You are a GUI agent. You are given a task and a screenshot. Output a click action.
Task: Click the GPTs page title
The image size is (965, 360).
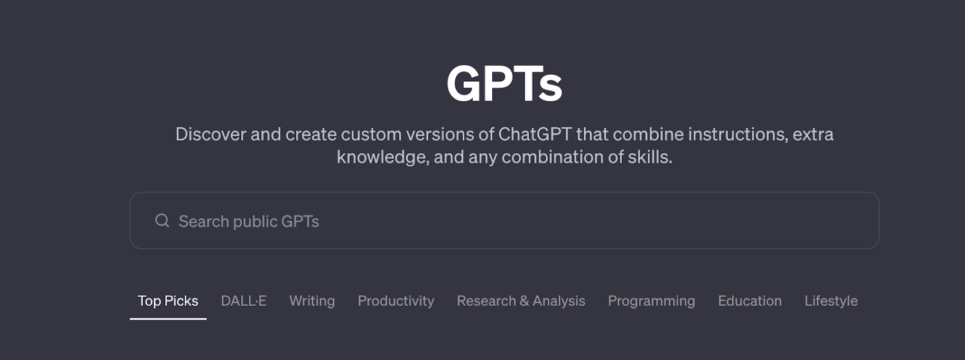click(504, 83)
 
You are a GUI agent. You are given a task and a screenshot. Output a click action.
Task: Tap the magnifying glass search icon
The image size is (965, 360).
click(162, 221)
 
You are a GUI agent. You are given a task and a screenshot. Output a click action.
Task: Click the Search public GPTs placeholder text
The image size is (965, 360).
click(248, 221)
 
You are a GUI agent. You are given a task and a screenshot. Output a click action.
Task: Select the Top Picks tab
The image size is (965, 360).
click(168, 301)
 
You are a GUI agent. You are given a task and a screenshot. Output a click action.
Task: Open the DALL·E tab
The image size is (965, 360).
click(244, 301)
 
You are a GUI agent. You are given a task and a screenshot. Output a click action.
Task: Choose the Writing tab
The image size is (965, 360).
click(312, 301)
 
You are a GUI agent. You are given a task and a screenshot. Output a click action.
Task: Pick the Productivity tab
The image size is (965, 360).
click(396, 301)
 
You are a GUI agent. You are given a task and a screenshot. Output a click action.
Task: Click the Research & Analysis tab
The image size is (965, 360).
click(520, 301)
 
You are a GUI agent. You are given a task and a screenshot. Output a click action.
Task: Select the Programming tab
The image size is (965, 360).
click(651, 301)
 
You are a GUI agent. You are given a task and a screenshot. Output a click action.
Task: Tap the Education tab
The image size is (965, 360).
click(750, 301)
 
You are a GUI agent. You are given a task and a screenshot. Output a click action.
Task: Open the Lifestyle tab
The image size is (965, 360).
click(831, 301)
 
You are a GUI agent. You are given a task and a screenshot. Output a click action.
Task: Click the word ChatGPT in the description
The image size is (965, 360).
click(534, 134)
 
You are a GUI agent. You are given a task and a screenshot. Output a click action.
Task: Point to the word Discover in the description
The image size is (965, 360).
click(210, 134)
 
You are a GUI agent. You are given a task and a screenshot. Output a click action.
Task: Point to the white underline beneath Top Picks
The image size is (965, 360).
click(168, 318)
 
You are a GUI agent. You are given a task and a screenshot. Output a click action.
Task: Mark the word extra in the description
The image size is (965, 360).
click(813, 134)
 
